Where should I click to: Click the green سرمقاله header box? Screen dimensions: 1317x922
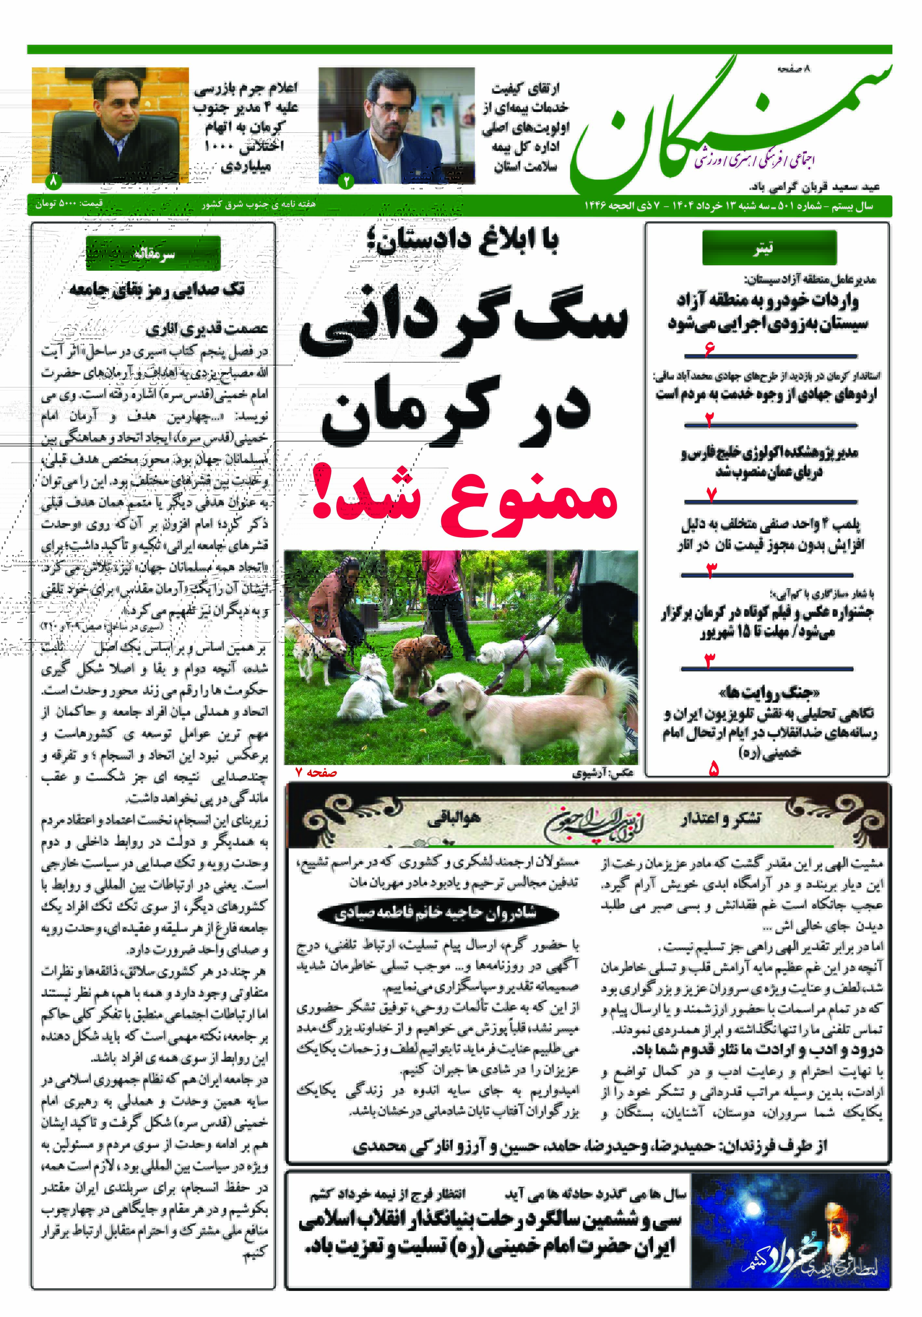click(153, 253)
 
